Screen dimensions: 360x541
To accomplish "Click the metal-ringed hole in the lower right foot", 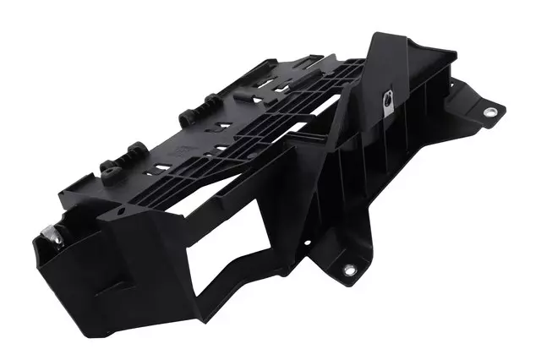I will coord(348,270).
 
